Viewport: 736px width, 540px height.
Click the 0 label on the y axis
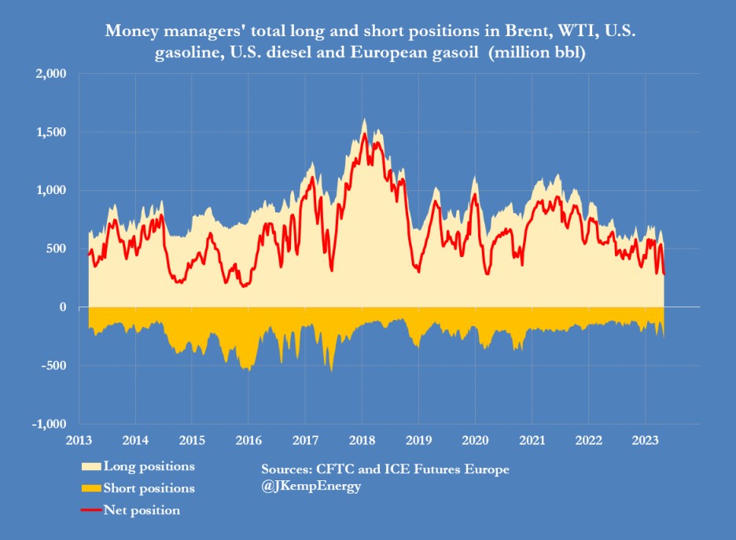(64, 307)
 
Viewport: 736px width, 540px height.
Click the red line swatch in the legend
(91, 510)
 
